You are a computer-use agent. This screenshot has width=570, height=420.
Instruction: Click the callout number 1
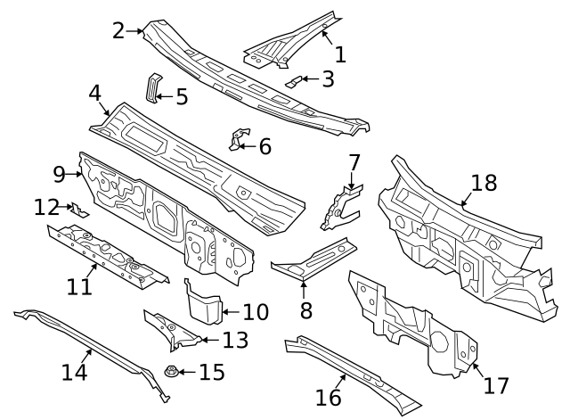pos(339,54)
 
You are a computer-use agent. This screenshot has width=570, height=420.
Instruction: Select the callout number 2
pos(118,30)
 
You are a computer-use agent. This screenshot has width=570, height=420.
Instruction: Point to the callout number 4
pos(94,93)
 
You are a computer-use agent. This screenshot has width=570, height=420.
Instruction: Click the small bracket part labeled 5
pos(152,87)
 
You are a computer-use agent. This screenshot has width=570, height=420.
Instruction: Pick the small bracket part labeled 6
pos(237,140)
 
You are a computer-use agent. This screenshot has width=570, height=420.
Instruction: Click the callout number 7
pos(354,162)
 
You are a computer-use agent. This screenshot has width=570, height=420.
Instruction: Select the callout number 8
pos(305,310)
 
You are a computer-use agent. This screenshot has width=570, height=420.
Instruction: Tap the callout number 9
pos(60,174)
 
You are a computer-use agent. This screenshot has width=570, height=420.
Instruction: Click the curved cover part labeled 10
pos(202,302)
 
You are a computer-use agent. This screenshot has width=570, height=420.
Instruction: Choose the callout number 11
pos(79,286)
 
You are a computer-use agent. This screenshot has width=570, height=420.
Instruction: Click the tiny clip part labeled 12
pos(78,210)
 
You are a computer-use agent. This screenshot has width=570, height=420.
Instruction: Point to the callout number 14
pos(75,371)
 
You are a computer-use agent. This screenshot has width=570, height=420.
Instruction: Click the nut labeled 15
pos(169,371)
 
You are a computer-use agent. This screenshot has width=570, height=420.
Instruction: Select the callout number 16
pos(329,397)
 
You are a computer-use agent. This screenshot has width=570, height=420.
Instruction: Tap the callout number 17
pos(495,385)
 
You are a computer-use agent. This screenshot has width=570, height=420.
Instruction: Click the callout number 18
pos(484,183)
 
